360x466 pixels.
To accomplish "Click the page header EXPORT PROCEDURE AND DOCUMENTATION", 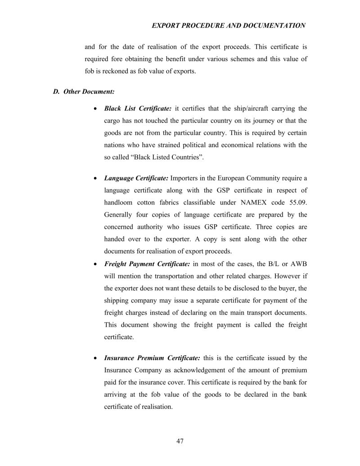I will click(229, 26).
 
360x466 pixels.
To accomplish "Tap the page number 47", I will click(180, 441).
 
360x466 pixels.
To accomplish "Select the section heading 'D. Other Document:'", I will click(83, 91).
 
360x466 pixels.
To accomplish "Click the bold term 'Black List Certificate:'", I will click(138, 109).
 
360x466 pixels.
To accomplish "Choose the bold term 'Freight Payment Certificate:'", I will click(147, 264).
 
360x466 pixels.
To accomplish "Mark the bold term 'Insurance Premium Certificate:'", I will click(152, 358).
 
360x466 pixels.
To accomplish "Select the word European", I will click(232, 178).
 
